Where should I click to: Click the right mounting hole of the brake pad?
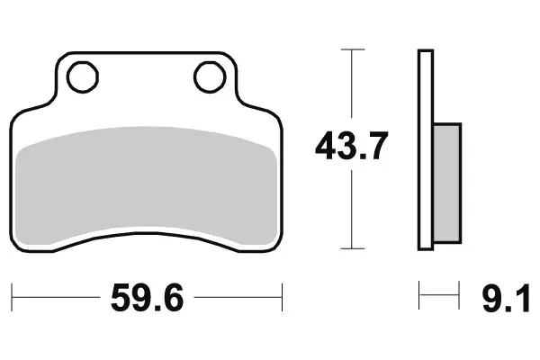point(210,77)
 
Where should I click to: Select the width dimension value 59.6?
point(147,298)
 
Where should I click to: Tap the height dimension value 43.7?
point(352,146)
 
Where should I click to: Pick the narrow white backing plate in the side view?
point(426,148)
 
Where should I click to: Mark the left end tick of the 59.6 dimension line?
point(13,296)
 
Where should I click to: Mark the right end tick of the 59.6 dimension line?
point(283,296)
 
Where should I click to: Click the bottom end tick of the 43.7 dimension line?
point(352,247)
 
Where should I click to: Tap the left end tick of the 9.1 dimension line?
point(420,296)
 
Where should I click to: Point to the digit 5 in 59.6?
point(119,298)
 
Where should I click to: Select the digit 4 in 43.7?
point(327,146)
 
